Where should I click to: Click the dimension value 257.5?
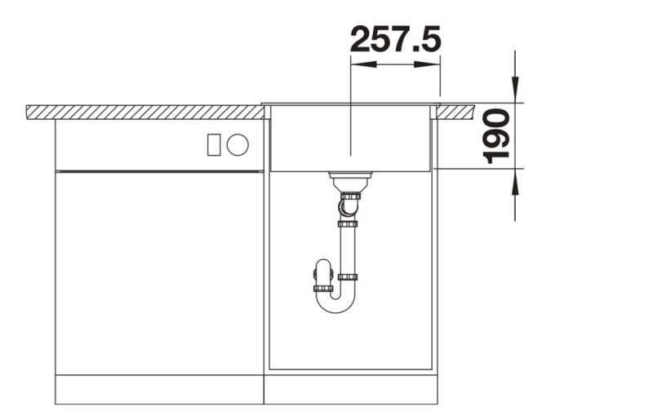click(395, 38)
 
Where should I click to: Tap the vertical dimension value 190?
click(495, 136)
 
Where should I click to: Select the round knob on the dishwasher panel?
click(238, 144)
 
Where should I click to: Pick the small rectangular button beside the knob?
click(214, 144)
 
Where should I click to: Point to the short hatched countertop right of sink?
click(456, 112)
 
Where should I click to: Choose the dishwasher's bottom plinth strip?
click(159, 389)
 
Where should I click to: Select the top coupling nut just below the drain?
click(349, 196)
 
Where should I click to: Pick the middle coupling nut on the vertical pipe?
click(348, 223)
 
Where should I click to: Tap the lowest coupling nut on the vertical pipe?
click(348, 277)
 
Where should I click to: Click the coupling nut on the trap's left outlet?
click(323, 288)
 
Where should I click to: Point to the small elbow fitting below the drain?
click(348, 210)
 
